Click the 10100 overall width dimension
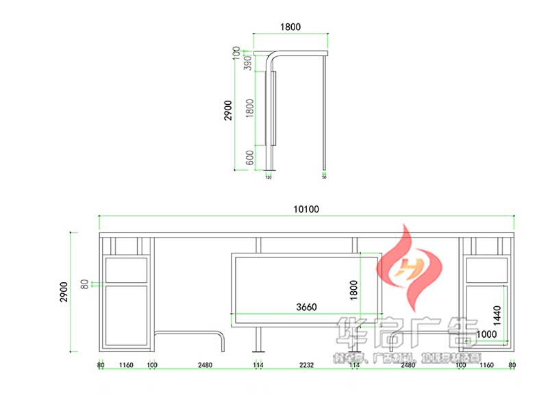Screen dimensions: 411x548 tap(306, 210)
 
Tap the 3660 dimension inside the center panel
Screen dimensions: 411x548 tap(306, 308)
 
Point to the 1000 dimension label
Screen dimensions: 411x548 tap(486, 334)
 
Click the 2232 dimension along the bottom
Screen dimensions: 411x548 tap(306, 365)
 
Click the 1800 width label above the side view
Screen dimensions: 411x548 tap(290, 27)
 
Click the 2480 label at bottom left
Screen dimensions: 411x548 tap(205, 365)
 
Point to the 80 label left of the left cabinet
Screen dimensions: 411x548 tap(85, 283)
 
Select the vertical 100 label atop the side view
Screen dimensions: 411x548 tap(237, 52)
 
